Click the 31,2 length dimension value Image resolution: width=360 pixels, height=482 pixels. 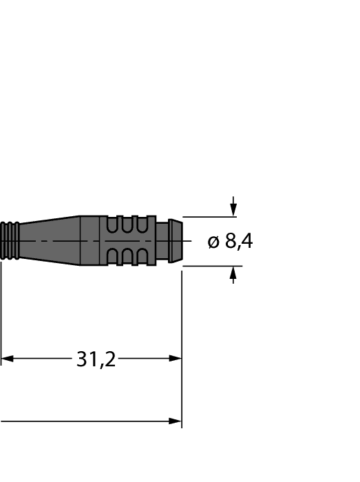click(x=96, y=359)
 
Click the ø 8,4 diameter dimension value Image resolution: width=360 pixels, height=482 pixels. click(x=230, y=242)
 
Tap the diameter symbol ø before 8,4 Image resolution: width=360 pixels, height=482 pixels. click(x=213, y=242)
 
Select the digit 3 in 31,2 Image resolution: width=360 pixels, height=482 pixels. click(x=81, y=359)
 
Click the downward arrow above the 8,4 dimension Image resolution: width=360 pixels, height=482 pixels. click(x=233, y=209)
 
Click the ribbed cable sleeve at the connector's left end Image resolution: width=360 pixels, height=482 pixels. click(x=10, y=240)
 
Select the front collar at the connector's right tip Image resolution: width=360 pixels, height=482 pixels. click(x=176, y=241)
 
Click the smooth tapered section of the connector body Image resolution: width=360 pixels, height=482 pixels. click(x=52, y=240)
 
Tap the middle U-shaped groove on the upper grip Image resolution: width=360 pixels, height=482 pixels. click(x=126, y=225)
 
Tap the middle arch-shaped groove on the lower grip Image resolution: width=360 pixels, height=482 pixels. click(x=126, y=258)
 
